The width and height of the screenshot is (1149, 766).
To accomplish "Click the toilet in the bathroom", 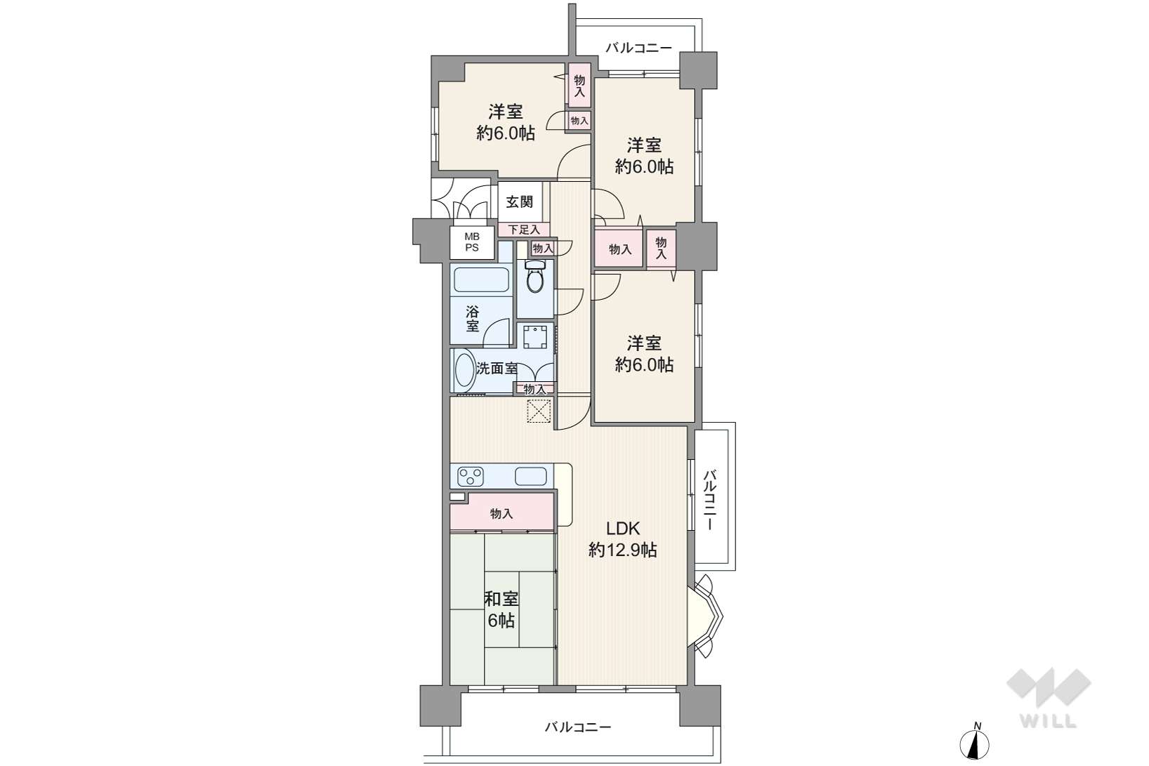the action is point(534,276).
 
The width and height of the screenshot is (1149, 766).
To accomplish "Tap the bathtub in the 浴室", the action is point(481,280).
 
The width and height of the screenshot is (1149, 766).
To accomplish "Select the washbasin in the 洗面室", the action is point(465,370).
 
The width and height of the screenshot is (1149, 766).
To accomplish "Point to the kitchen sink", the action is point(530,476).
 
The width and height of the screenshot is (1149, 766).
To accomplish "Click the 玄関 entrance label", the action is point(519,202).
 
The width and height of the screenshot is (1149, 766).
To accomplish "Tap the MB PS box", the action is point(472,242).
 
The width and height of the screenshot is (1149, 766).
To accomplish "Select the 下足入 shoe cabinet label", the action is point(524,230).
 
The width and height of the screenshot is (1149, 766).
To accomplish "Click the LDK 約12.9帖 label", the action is point(623,539).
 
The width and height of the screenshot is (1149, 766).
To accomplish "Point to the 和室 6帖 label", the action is point(501,609).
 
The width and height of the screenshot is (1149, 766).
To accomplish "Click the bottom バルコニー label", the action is point(578,727).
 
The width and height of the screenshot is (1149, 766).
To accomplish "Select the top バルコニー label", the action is point(638,48).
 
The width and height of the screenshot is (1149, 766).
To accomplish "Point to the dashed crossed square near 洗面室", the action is point(539,411).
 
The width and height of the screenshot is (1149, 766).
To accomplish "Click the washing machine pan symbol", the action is point(535,337).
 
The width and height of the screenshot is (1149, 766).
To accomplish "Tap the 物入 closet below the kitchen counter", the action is point(501,513).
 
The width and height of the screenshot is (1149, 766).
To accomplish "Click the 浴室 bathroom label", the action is point(472,318).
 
